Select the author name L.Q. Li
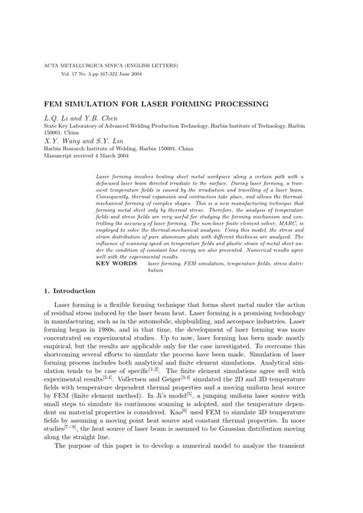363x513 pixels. (64, 119)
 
